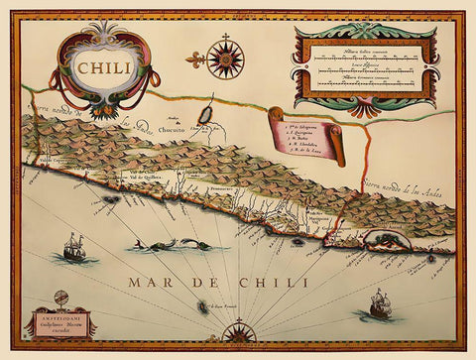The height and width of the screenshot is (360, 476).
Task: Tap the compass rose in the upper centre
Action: [x=226, y=59]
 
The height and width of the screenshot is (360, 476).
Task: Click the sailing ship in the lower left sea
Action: [x=73, y=247]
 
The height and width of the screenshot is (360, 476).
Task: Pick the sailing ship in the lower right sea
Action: [x=382, y=303]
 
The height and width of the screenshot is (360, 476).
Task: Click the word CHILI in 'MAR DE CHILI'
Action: [x=245, y=284]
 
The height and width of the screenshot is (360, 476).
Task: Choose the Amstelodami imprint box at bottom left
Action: [x=60, y=324]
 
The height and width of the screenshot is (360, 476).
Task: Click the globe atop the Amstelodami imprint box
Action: [x=61, y=297]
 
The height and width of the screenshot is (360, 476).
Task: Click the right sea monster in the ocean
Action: [x=193, y=243]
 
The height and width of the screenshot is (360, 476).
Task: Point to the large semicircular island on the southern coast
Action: [x=381, y=239]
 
